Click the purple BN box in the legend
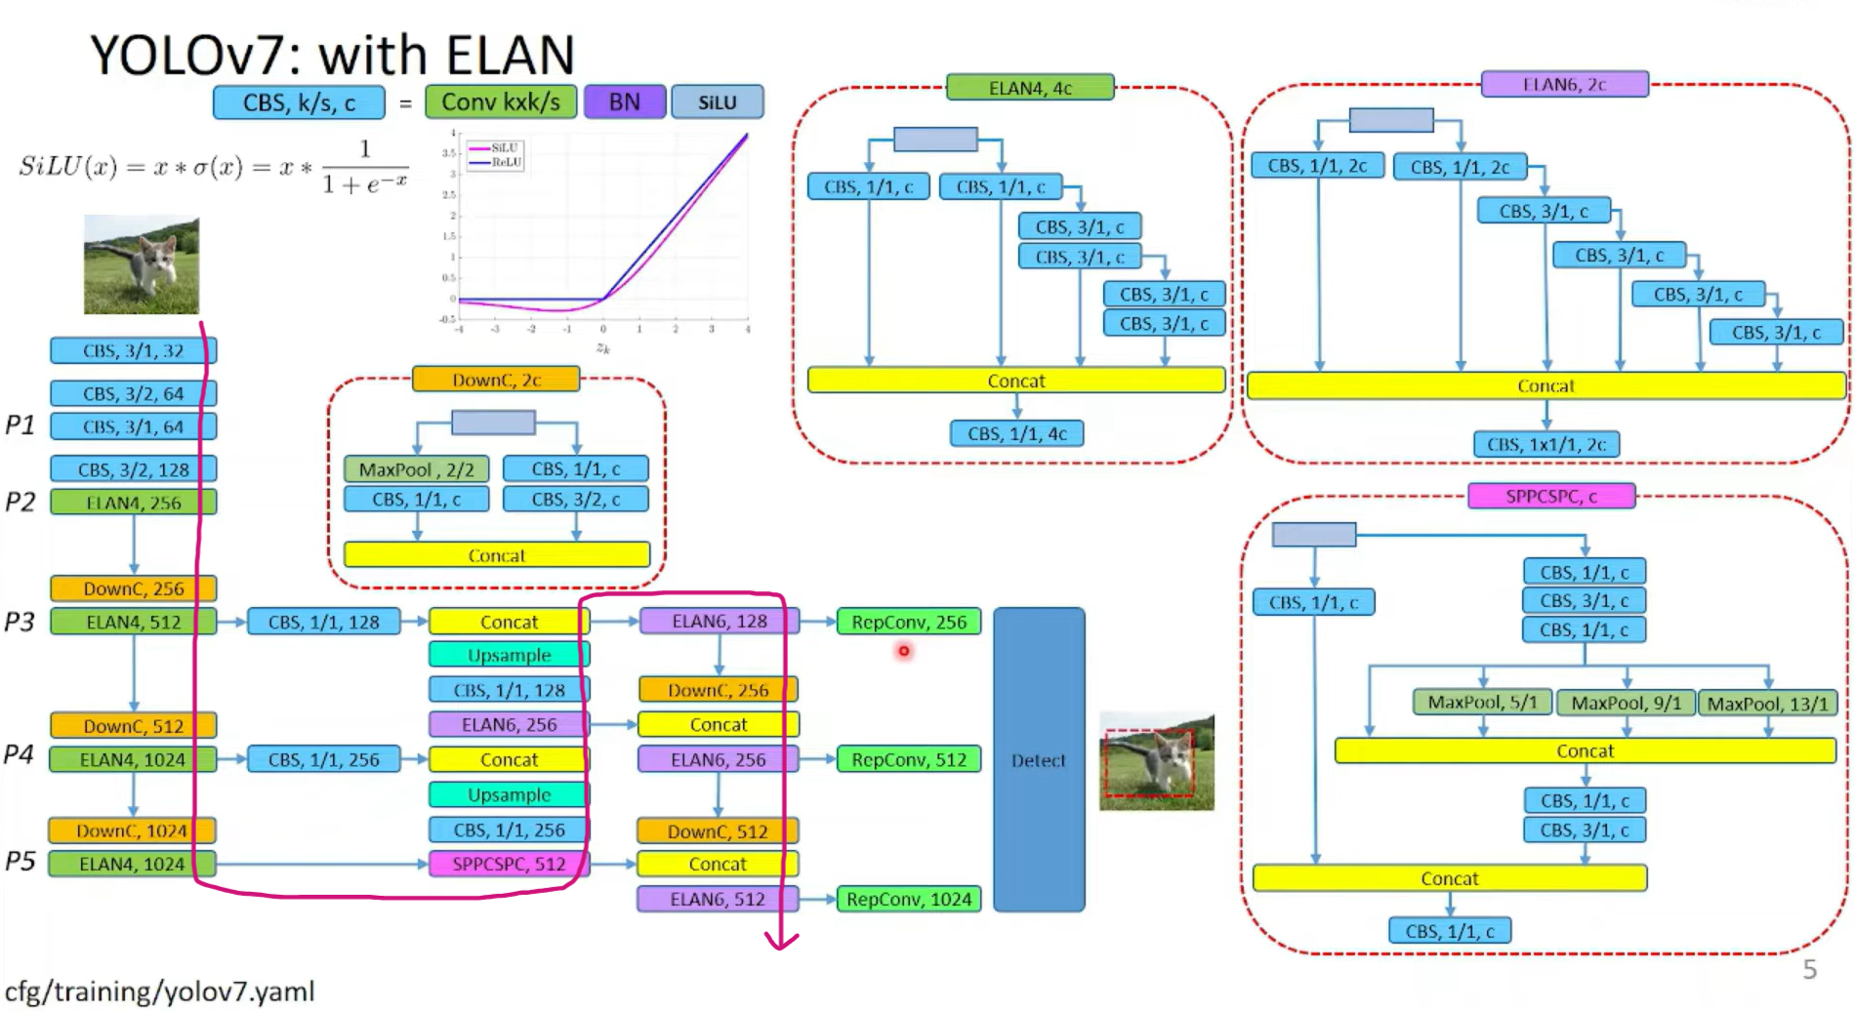(x=625, y=102)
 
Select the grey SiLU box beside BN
(x=718, y=102)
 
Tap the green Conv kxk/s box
(x=501, y=102)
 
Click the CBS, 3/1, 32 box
(x=133, y=350)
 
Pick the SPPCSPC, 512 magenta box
(x=509, y=864)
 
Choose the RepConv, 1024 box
(x=909, y=899)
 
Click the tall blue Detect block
(x=1039, y=759)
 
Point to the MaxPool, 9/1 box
(x=1626, y=703)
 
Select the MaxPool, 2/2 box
(x=416, y=469)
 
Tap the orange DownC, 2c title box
(x=496, y=380)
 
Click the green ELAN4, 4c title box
(x=1030, y=88)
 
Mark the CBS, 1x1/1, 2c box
(x=1546, y=444)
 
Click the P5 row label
(x=21, y=862)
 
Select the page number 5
(x=1809, y=969)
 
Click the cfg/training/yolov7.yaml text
(x=160, y=992)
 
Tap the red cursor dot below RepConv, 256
(x=904, y=650)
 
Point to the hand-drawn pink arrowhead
(x=781, y=941)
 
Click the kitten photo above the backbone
(x=142, y=265)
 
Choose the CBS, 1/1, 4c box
(x=1016, y=433)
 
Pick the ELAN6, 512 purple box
(x=718, y=899)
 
